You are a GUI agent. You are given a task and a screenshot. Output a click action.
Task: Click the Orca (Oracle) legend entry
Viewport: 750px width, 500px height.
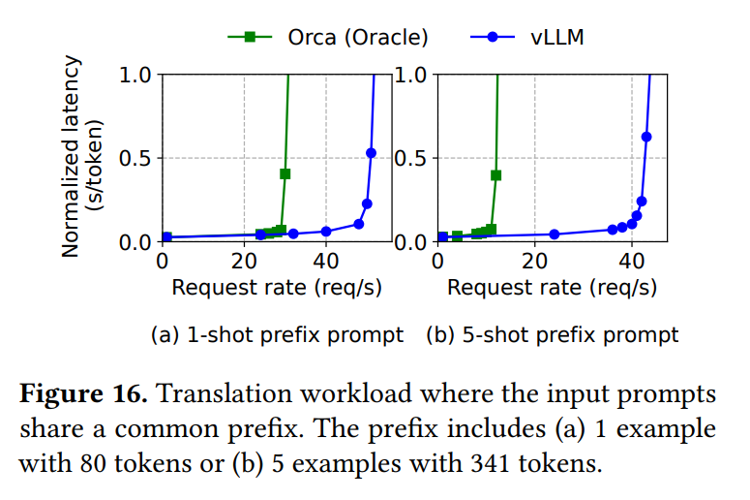click(x=328, y=37)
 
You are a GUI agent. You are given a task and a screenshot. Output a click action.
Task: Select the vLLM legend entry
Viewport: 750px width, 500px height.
click(x=527, y=37)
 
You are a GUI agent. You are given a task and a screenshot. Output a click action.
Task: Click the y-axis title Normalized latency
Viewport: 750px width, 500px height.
click(x=71, y=157)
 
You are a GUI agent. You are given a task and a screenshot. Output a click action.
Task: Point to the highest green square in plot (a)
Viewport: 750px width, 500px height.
click(x=285, y=173)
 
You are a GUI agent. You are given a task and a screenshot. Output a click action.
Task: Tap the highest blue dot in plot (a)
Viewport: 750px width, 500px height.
click(x=371, y=153)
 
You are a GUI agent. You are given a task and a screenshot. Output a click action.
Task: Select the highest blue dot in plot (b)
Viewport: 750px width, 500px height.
click(x=646, y=137)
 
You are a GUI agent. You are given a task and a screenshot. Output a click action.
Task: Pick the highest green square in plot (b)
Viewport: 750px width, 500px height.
click(x=496, y=175)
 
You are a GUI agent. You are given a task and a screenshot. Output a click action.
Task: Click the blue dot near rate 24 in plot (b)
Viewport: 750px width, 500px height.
click(x=555, y=234)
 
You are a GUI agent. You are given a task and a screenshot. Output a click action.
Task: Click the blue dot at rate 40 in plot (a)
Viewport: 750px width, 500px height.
click(x=326, y=232)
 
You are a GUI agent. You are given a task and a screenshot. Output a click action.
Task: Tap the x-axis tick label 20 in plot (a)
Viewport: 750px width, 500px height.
click(x=245, y=262)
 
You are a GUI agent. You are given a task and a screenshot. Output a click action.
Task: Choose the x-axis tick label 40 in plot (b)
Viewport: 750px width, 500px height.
click(x=631, y=262)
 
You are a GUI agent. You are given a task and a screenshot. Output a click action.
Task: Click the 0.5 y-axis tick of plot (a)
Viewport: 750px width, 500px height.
click(x=135, y=159)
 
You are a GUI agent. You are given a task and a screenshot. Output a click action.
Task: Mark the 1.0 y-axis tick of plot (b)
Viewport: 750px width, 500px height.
click(x=410, y=76)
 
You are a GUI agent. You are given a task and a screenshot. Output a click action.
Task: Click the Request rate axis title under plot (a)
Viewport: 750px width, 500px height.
click(x=277, y=288)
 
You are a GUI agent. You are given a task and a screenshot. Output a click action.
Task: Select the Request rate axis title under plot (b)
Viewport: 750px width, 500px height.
click(x=552, y=288)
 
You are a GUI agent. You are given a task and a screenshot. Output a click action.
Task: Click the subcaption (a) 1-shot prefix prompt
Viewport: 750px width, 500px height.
click(x=277, y=335)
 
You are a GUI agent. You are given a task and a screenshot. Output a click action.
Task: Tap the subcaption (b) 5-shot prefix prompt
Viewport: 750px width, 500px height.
click(x=553, y=335)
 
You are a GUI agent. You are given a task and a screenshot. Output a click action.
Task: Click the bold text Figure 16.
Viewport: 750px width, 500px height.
click(x=83, y=394)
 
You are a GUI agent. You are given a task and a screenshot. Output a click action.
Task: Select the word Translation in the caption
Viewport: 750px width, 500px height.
click(x=225, y=394)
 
